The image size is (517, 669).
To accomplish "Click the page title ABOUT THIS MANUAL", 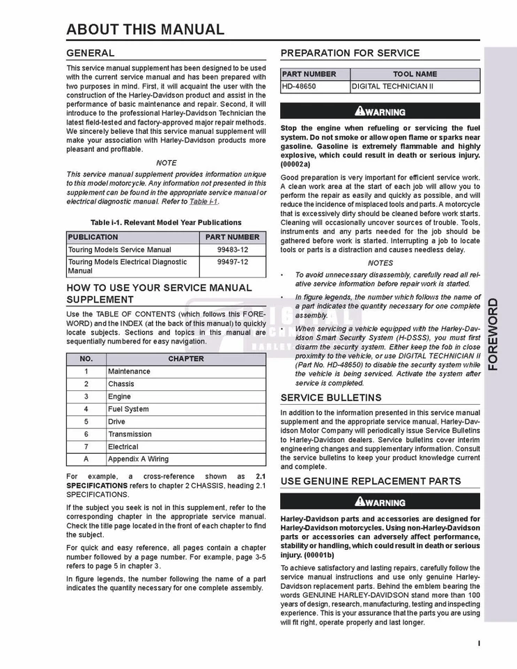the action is click(145, 29).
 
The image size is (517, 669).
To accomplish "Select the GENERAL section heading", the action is click(91, 53).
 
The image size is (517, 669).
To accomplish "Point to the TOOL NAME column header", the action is click(415, 74).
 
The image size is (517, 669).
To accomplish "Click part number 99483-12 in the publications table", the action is click(232, 249).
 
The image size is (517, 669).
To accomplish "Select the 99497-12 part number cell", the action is click(232, 262).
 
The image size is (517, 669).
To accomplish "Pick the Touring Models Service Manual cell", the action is click(119, 249).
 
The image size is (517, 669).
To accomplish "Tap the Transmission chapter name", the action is click(129, 434).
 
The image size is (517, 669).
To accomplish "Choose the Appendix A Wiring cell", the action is click(138, 459).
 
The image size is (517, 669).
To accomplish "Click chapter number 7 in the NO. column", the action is click(86, 447).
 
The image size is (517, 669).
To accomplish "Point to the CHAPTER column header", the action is click(186, 359).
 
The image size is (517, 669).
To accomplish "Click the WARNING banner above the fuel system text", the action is click(380, 111).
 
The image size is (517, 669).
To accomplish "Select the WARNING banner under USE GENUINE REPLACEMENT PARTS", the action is click(380, 502).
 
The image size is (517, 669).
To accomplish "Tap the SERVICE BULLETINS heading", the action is click(330, 398).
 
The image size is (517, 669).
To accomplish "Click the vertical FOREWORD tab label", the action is click(493, 334).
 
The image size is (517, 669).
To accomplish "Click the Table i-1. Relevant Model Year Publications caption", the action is click(166, 222).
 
